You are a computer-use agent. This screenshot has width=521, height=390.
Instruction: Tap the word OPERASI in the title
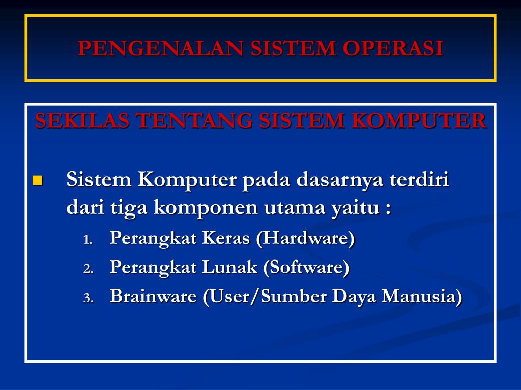click(x=393, y=48)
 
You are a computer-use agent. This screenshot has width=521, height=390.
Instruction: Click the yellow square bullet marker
click(x=38, y=180)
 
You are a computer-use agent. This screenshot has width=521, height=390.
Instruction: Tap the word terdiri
click(x=419, y=179)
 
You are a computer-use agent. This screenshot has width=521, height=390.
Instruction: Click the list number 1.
click(x=88, y=240)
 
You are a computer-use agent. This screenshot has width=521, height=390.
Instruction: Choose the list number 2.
click(x=88, y=269)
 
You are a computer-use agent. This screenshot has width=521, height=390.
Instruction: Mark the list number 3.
click(x=88, y=298)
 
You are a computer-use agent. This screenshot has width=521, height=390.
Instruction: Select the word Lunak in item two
click(x=229, y=267)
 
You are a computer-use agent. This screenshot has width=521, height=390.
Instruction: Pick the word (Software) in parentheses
click(x=306, y=267)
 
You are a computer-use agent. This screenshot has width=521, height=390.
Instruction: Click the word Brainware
click(x=153, y=296)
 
